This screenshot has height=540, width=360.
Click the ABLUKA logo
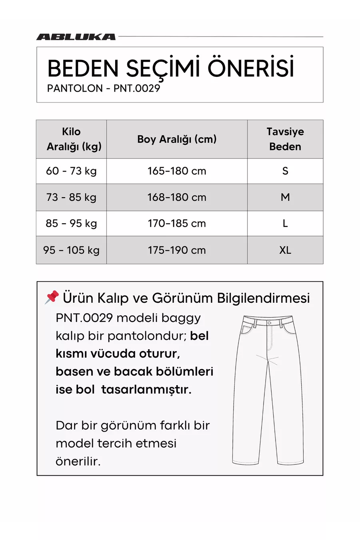pos(76,37)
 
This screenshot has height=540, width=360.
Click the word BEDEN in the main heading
pos(83,68)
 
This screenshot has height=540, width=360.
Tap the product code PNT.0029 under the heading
pos(137,88)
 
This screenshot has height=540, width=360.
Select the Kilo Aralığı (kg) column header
pos(72,139)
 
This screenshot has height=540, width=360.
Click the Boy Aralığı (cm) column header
pos(177,139)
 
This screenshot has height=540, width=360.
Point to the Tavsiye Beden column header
pos(285,139)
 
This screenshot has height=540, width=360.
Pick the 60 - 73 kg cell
pos(72,171)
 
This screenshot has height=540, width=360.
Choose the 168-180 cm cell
pos(177,197)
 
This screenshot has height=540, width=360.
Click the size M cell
pos(285,197)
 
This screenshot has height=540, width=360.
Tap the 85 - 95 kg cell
pos(72,223)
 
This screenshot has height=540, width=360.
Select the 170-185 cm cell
pos(177,223)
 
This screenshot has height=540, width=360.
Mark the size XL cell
pos(285,250)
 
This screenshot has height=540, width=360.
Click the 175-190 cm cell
pos(177,250)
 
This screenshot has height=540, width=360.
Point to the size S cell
pos(285,171)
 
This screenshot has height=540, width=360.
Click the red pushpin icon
pos(52,298)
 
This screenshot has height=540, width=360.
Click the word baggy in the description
pos(181,318)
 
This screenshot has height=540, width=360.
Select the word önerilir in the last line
pos(78,461)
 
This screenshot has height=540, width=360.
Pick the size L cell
pos(285,223)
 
